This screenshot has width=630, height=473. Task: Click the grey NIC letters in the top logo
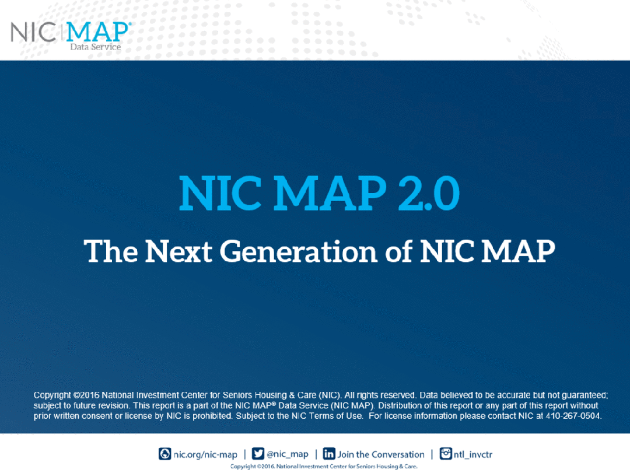[x=33, y=32]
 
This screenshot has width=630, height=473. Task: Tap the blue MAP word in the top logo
[x=97, y=32]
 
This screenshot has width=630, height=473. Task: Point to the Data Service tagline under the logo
[x=96, y=47]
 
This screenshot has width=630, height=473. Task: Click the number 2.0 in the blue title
[x=429, y=193]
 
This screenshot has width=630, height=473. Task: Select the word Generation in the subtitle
[x=298, y=251]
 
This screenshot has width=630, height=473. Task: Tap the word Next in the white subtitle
[x=178, y=251]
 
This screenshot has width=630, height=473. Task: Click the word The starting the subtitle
[x=111, y=251]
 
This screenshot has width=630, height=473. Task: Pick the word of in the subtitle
[x=398, y=251]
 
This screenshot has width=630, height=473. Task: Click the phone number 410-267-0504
[x=573, y=416]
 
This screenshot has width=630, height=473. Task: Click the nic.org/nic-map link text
[x=205, y=454]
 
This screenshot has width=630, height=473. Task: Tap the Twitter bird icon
[x=258, y=454]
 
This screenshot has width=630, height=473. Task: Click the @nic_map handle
[x=288, y=454]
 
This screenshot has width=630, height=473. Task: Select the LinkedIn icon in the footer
[x=329, y=454]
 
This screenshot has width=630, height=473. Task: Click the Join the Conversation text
[x=381, y=454]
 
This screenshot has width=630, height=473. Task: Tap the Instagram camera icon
[x=446, y=454]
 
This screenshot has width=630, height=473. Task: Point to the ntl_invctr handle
[x=473, y=454]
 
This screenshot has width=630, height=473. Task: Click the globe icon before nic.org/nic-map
[x=164, y=454]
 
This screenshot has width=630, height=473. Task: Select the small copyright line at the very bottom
[x=324, y=466]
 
